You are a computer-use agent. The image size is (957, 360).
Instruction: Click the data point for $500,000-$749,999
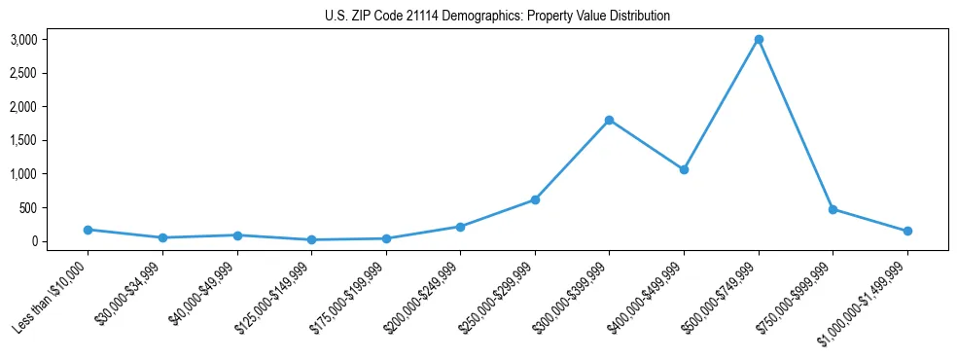tap(759, 40)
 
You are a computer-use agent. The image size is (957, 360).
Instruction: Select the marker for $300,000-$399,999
tap(609, 120)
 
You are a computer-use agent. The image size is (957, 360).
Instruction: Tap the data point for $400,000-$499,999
tap(684, 169)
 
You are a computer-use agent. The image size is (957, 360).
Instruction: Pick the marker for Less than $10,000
tap(88, 230)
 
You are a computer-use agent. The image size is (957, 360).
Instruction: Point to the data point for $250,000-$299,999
tap(535, 199)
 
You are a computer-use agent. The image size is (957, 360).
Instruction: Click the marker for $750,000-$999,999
tap(833, 209)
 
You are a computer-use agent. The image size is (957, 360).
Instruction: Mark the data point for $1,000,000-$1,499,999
tap(907, 231)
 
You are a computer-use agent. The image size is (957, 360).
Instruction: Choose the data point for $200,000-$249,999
tap(460, 227)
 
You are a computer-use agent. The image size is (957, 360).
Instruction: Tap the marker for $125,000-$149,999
tap(311, 239)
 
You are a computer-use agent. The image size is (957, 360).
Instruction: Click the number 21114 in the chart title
tap(419, 17)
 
